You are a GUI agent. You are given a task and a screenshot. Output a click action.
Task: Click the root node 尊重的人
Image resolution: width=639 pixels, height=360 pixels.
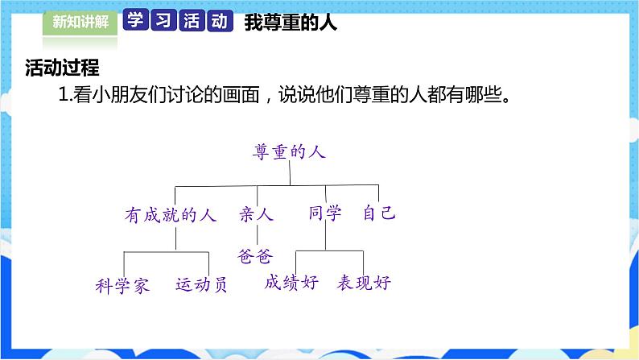[290, 151]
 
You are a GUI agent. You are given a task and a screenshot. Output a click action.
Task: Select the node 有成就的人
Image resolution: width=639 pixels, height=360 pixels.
[171, 214]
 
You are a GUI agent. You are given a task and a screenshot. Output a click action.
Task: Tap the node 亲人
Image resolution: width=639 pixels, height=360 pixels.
[257, 214]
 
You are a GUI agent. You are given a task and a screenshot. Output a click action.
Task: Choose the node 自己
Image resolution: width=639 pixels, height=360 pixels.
[378, 213]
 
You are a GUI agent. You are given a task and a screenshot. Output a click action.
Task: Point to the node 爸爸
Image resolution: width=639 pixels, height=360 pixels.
[256, 256]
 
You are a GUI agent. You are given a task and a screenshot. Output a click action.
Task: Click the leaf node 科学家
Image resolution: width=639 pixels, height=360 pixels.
[122, 285]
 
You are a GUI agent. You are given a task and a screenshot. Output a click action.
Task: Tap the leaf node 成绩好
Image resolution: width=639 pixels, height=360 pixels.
[291, 282]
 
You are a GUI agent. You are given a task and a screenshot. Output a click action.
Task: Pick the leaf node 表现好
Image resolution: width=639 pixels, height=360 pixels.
[364, 282]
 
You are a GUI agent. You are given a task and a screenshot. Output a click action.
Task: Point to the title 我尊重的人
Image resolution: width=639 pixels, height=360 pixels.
[290, 23]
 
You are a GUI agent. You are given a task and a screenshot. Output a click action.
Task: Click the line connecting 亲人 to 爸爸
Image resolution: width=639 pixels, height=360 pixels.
[256, 234]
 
